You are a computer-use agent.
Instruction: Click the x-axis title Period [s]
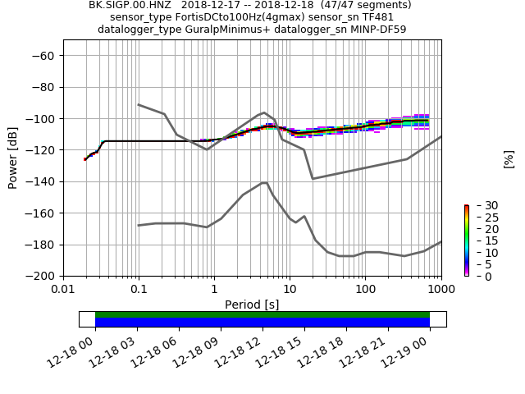click(x=252, y=305)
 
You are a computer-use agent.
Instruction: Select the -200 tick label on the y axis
click(x=40, y=277)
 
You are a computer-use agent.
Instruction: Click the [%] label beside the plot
click(x=509, y=159)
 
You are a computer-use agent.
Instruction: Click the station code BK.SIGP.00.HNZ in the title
click(x=128, y=5)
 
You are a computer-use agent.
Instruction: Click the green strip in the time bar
click(x=262, y=314)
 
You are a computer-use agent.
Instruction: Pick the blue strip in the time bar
click(x=262, y=323)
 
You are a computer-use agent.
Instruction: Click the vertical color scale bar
click(x=466, y=241)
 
